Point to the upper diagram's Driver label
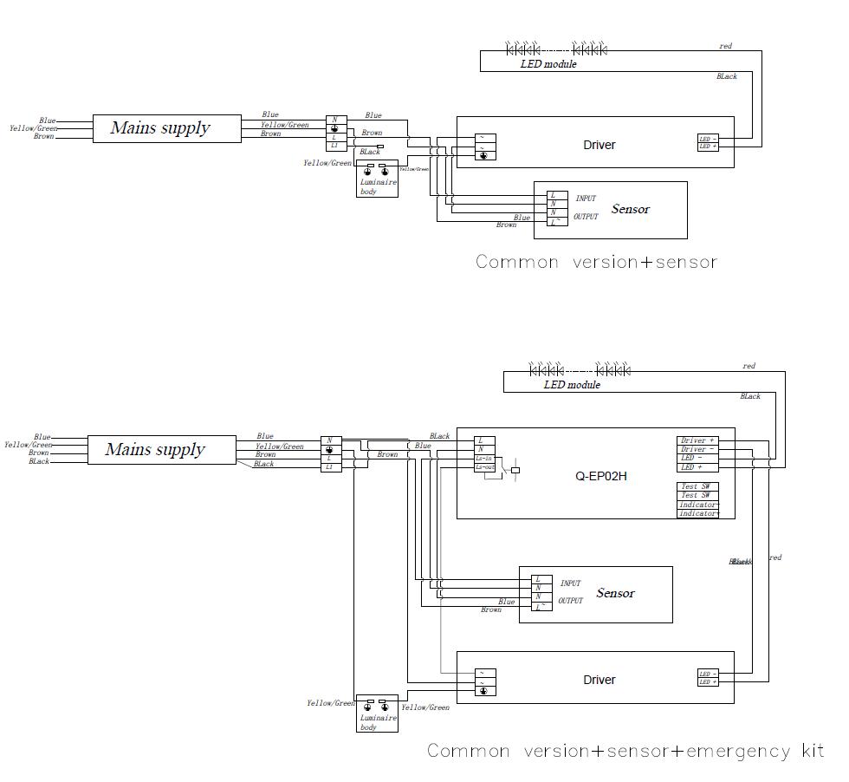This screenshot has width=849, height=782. (599, 145)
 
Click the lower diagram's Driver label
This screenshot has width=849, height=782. (599, 680)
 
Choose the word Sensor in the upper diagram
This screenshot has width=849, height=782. (630, 209)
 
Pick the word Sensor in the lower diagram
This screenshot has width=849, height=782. (615, 593)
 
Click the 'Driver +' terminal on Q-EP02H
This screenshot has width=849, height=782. (697, 440)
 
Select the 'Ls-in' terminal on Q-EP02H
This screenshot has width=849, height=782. (484, 459)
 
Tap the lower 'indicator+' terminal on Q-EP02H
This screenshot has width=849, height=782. (697, 513)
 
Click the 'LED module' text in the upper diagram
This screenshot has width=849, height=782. (548, 64)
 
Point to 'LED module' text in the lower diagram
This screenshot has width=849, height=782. (572, 384)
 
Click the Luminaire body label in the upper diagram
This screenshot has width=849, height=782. (378, 186)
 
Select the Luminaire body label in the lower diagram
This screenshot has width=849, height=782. (378, 721)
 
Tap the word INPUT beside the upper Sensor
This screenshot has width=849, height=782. (586, 199)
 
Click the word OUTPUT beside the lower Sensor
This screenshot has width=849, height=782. (570, 601)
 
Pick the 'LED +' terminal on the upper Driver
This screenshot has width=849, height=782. (708, 147)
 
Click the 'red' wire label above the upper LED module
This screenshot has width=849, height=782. (725, 46)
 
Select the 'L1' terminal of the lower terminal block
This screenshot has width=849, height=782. (329, 466)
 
